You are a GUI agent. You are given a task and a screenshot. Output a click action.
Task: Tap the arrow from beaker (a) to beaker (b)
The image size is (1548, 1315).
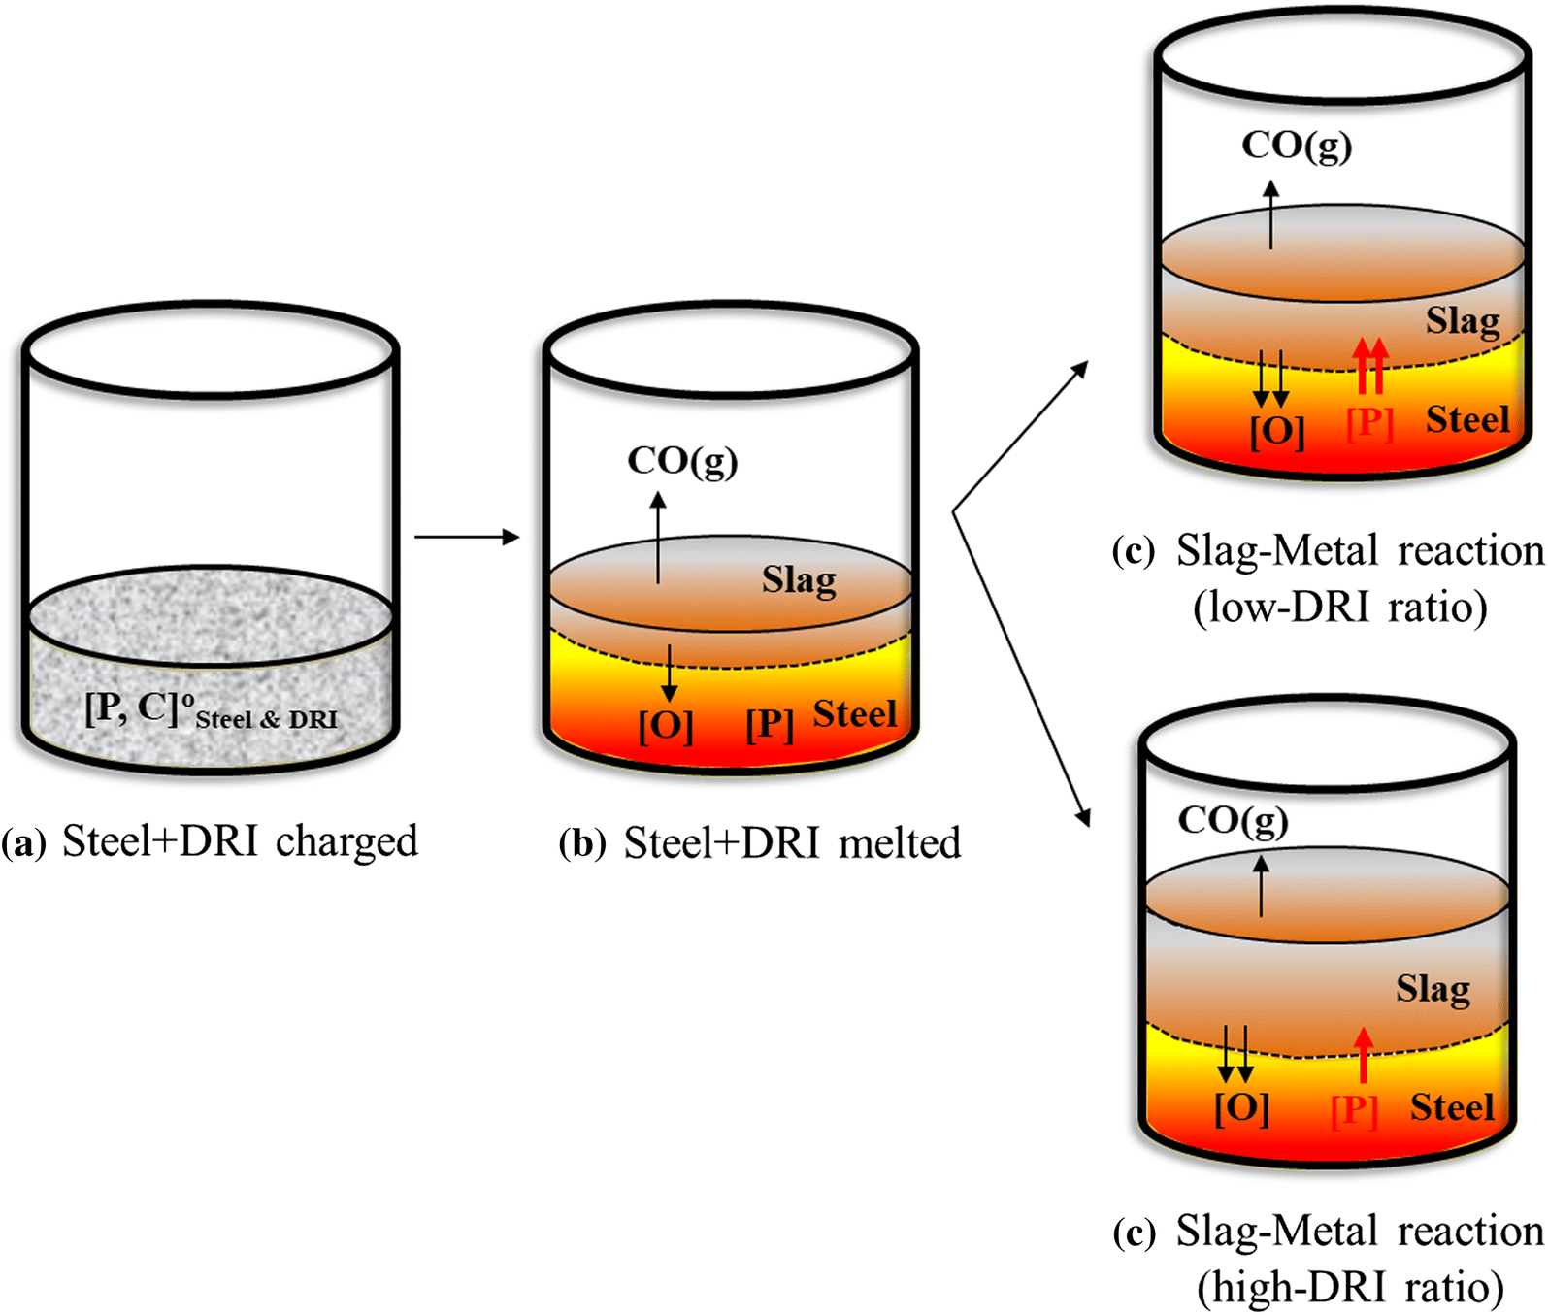coord(467,537)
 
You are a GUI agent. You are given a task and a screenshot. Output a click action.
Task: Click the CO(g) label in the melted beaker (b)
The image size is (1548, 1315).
coord(682,461)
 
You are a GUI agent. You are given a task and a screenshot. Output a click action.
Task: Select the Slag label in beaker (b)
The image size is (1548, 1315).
coord(798,580)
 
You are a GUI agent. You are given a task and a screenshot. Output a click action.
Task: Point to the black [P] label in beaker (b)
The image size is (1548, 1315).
coord(770,724)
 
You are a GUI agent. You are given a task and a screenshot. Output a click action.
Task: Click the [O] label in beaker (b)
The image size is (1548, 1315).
coord(666,725)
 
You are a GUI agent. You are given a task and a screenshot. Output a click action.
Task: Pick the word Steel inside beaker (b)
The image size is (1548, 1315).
coord(854,714)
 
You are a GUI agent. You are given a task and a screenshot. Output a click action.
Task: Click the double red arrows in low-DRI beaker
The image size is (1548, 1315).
coord(1370,366)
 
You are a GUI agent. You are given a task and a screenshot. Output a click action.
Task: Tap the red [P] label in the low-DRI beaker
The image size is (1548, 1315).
coord(1369,423)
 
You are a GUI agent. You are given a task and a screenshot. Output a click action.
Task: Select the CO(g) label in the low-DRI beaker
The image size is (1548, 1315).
coord(1297,146)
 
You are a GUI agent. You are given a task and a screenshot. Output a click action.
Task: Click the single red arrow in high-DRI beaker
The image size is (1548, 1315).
coord(1364,1055)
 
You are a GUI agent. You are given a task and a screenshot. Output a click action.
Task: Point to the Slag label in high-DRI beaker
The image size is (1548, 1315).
coord(1433,989)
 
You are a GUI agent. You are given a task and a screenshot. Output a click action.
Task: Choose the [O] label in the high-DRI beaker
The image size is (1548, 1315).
coord(1241,1107)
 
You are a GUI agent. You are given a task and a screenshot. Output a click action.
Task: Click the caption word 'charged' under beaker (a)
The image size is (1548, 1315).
coord(346,842)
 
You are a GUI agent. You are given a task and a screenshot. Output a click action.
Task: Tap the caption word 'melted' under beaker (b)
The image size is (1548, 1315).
coord(900,842)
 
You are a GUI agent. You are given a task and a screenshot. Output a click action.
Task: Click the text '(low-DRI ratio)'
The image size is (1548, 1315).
coord(1340,608)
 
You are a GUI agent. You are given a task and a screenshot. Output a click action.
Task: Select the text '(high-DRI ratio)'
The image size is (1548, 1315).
coord(1350,1288)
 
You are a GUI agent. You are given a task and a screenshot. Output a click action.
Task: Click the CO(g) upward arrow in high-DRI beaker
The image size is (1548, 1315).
coord(1262,885)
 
